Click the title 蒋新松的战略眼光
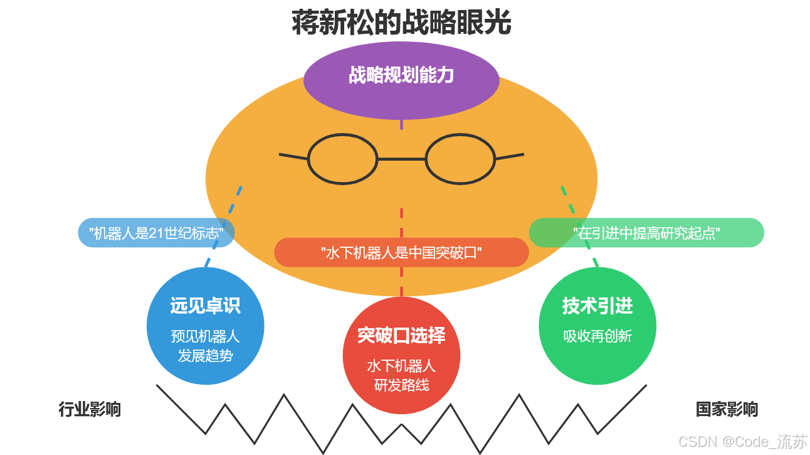[401, 23]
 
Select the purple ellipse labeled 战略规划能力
[401, 77]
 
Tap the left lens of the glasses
[342, 159]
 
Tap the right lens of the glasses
[460, 159]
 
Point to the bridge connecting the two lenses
[401, 159]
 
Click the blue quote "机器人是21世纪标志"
[156, 233]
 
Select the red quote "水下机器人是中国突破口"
[401, 252]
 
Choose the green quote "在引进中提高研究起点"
[646, 233]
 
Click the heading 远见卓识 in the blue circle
[205, 306]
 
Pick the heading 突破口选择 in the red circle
[401, 335]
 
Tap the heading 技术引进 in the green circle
[597, 306]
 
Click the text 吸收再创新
[597, 336]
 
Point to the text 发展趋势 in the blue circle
[205, 356]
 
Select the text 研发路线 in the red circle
[401, 385]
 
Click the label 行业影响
[90, 409]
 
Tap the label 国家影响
[727, 409]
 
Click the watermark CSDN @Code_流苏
[743, 441]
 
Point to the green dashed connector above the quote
[568, 200]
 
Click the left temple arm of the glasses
[293, 156]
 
